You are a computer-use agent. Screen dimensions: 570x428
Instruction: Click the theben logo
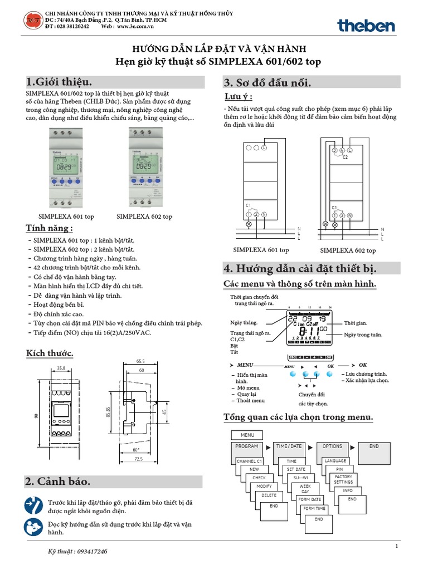(x=366, y=25)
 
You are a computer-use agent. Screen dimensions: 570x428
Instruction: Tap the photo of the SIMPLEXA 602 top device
(x=144, y=166)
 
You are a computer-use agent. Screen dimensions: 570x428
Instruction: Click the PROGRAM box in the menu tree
(x=246, y=446)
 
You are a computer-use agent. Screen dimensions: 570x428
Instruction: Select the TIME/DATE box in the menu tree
(x=289, y=446)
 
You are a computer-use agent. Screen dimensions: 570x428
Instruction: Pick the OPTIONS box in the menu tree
(x=332, y=446)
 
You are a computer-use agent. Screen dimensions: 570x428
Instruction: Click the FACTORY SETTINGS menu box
(x=343, y=479)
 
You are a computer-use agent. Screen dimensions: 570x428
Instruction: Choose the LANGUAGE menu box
(x=335, y=461)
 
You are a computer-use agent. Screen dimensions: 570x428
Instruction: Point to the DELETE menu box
(x=269, y=495)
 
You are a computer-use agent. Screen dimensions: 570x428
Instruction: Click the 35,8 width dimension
(x=61, y=368)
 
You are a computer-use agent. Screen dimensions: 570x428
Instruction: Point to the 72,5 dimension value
(x=139, y=459)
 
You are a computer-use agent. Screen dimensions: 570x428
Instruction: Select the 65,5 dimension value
(x=139, y=361)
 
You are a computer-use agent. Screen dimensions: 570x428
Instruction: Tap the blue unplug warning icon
(x=33, y=505)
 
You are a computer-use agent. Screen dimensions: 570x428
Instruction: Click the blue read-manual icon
(x=33, y=527)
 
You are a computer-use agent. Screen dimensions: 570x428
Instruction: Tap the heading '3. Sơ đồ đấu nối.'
(x=267, y=83)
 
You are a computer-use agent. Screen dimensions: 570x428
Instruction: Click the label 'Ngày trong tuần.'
(x=363, y=335)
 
